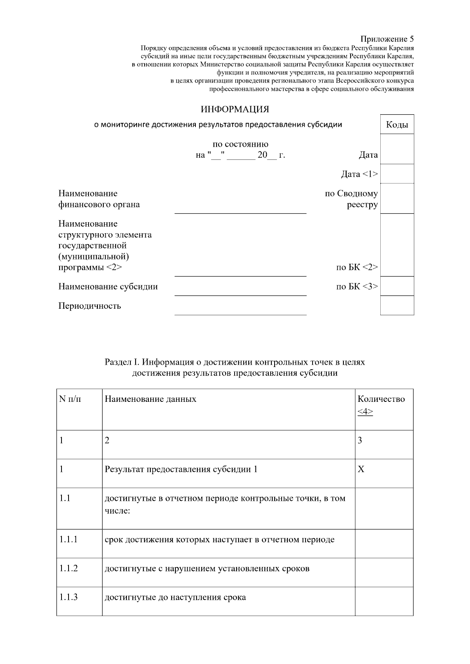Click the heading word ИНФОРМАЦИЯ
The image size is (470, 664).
pos(235,109)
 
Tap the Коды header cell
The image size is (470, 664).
pos(397,125)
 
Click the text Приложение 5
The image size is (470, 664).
pos(387,39)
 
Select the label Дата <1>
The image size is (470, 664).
pos(359,174)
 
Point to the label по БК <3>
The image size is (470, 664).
pos(357,286)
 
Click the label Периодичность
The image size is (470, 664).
pos(90,306)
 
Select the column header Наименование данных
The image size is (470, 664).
pos(150,399)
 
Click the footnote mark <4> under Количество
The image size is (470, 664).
pos(365,412)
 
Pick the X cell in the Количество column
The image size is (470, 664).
pos(361,469)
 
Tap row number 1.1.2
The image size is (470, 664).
pos(69,568)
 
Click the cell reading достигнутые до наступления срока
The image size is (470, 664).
pos(175,597)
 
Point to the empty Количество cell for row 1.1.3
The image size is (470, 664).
pos(384,601)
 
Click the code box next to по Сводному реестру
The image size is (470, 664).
pos(397,198)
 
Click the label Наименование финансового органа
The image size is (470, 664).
pos(99,199)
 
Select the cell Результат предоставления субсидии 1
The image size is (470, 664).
pos(181,469)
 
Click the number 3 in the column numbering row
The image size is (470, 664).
pos(360,441)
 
